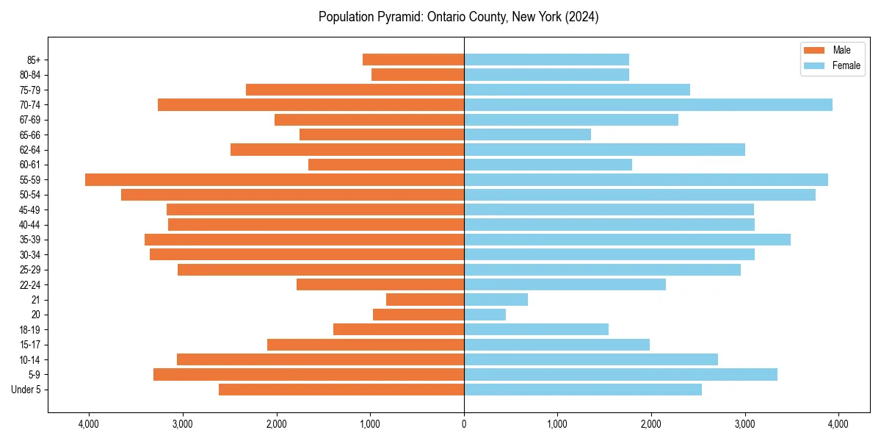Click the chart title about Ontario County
pos(458,17)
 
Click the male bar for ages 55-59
pos(275,179)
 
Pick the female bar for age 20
pos(485,315)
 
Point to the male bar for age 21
pos(425,299)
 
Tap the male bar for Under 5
pos(341,390)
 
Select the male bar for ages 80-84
pos(418,74)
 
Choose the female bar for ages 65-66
pos(527,135)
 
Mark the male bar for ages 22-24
pos(380,284)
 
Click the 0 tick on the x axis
pos(464,423)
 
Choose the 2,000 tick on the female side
pos(651,423)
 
